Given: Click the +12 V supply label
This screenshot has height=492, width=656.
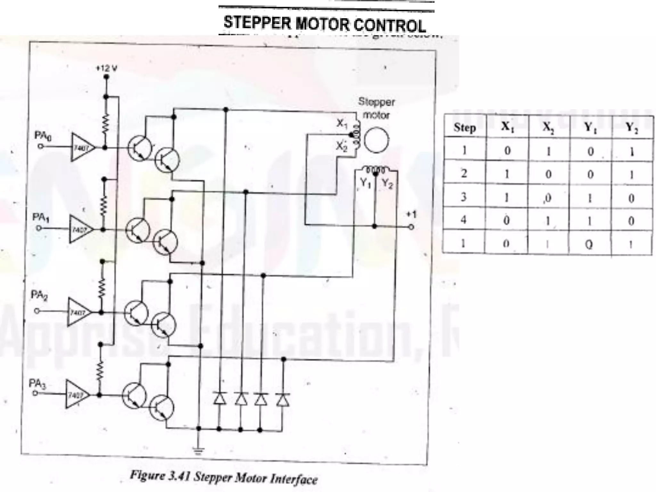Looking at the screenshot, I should coord(107,68).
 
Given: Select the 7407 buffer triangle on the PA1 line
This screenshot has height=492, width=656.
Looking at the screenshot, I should coord(80,229).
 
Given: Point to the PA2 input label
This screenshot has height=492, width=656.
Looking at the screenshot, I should coord(39,295).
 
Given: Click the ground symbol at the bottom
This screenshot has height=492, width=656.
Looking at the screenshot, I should coord(199,452).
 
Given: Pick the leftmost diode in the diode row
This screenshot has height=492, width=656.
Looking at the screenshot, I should coord(220,399).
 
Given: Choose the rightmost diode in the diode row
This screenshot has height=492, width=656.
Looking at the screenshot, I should coord(283,399).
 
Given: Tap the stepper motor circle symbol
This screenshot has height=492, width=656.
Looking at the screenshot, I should coord(377,140).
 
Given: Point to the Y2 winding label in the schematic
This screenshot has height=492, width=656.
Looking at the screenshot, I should coord(387,184).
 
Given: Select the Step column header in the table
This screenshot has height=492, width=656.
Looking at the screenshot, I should coord(464,127).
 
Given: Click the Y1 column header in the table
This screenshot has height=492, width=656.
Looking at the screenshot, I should coord(589,127).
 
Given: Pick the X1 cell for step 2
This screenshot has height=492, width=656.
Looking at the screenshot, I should coord(506,174).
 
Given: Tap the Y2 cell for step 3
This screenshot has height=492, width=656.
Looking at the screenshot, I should coord(631,198).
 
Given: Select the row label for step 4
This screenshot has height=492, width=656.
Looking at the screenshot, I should coord(463,220).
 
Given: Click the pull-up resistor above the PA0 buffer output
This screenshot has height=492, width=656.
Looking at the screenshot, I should coord(106,122).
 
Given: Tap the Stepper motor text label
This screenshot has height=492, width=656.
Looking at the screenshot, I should coord(376,108).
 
